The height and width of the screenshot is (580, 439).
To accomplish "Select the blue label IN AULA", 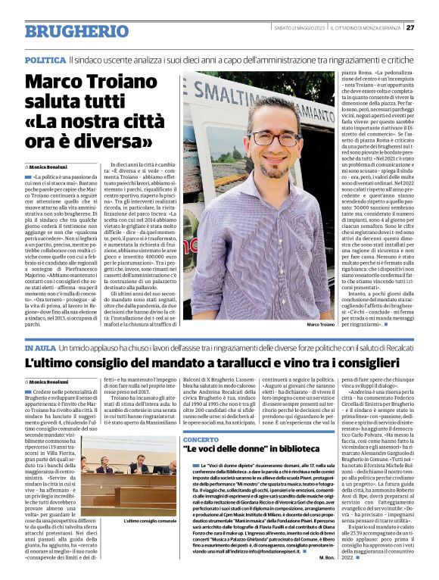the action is (x=39, y=347).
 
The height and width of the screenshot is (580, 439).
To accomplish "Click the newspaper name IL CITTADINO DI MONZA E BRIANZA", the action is (x=367, y=28).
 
